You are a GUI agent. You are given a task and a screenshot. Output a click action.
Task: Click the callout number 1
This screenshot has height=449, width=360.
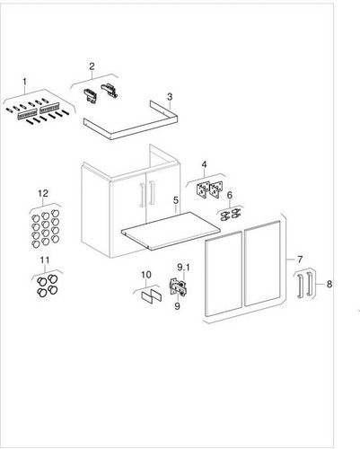click(24, 81)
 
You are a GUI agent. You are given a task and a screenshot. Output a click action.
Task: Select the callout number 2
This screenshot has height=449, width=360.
click(92, 66)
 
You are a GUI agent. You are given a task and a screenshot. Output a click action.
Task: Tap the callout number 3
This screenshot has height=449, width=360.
click(170, 97)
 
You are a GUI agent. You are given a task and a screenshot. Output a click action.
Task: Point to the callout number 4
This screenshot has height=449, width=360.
click(204, 164)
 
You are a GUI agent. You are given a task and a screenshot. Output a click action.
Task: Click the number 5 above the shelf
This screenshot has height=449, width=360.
click(176, 200)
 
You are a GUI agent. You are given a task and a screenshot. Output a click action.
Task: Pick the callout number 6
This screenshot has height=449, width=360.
click(230, 195)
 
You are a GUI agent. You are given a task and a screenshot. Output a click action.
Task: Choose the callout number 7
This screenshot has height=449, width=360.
click(300, 260)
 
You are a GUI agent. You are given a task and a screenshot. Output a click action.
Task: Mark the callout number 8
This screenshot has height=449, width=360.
click(329, 284)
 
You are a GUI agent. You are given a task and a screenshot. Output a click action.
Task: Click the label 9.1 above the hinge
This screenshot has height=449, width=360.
click(183, 267)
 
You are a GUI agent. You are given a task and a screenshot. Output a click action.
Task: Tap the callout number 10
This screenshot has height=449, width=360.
click(146, 275)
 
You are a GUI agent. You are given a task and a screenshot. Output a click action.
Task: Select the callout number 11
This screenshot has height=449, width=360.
click(45, 260)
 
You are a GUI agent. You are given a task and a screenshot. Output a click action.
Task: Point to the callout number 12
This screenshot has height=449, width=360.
click(43, 193)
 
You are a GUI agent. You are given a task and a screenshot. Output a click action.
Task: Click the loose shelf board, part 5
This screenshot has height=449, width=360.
click(171, 231)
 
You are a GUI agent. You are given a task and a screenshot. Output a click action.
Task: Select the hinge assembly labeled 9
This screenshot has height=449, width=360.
click(179, 287)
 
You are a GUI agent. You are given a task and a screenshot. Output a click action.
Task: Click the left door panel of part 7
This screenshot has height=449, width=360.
click(224, 274)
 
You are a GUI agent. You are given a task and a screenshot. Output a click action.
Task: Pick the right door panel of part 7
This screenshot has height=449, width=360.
click(262, 263)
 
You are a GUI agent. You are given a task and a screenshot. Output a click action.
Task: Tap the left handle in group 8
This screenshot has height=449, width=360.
click(300, 286)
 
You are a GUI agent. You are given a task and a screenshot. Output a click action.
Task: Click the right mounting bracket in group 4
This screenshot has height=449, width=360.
click(215, 189)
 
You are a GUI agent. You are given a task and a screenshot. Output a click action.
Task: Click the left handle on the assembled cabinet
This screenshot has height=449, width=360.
click(143, 195)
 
